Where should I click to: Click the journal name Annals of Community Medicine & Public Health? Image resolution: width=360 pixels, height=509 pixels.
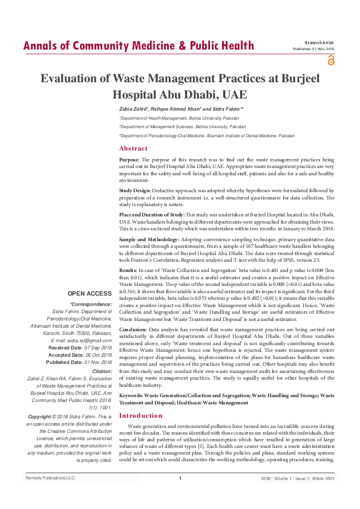pos(138,46)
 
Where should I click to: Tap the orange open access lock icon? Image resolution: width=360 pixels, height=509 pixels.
pos(330,60)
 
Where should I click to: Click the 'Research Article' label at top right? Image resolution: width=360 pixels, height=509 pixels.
pos(320,43)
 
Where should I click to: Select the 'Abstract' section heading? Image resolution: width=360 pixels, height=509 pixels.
pos(133,148)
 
